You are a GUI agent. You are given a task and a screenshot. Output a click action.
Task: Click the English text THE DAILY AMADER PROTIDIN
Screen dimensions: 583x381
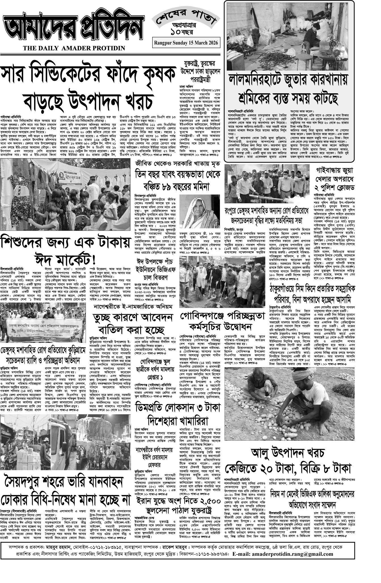(74, 48)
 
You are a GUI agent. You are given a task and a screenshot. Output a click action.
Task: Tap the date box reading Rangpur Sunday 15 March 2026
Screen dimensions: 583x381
(186, 43)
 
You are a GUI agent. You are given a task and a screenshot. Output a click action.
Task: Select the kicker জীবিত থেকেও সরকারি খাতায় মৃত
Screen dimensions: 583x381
(177, 164)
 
